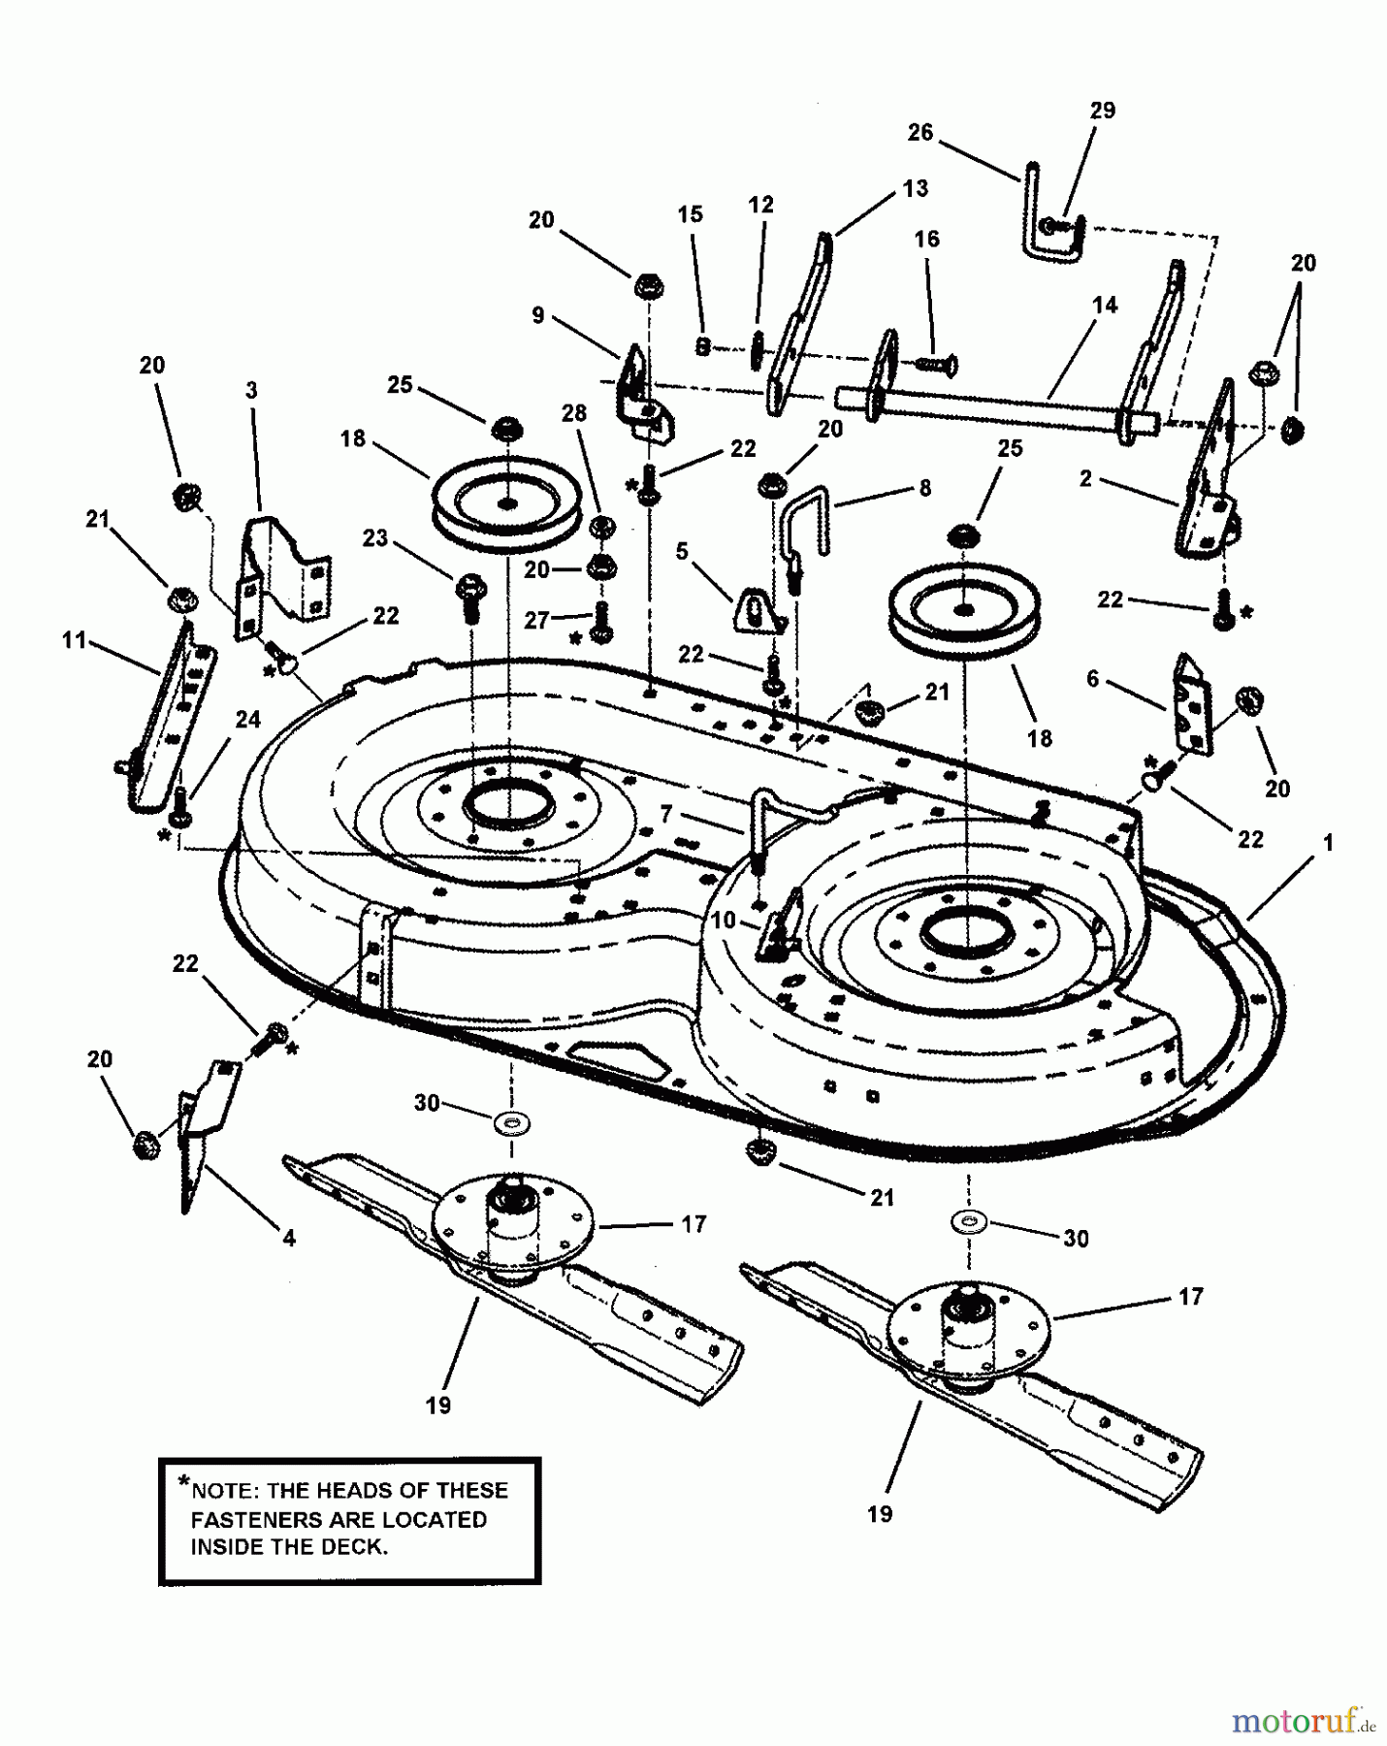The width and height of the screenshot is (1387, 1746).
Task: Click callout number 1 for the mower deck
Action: point(1327,843)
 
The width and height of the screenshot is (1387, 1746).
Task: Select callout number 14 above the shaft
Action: point(1104,305)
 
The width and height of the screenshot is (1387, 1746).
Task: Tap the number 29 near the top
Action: point(1102,111)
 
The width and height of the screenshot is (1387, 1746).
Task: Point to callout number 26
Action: point(919,132)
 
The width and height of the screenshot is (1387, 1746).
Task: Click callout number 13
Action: point(915,188)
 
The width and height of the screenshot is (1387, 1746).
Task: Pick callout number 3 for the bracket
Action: point(251,390)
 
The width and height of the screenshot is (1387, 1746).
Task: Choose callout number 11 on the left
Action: point(74,640)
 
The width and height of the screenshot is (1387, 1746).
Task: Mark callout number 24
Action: point(247,719)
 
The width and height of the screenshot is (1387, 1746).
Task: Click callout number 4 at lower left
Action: point(288,1238)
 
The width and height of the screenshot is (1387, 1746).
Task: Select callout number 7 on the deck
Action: point(665,815)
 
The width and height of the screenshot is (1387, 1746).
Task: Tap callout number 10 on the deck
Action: point(725,920)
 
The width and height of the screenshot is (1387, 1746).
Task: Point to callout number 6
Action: point(1092,679)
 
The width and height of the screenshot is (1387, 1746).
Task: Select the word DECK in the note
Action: point(353,1546)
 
